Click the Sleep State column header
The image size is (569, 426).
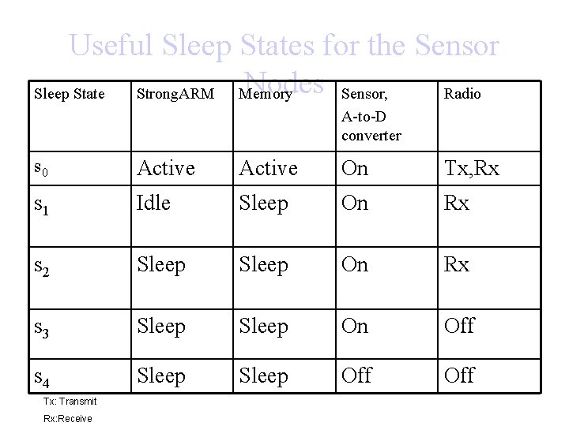[x=69, y=95]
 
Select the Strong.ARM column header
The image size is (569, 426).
[x=175, y=95]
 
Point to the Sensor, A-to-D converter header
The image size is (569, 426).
[x=371, y=114]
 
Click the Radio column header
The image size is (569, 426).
[x=462, y=95]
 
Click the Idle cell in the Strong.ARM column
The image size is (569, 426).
[x=153, y=203]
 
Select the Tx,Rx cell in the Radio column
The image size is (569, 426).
[x=472, y=169]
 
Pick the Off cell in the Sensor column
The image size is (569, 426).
[x=356, y=376]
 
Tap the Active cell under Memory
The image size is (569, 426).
[x=268, y=168]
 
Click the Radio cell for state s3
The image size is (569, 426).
[x=459, y=326]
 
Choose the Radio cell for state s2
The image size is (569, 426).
[x=457, y=264]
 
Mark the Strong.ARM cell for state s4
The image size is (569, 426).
[x=161, y=376]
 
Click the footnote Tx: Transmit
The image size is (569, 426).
[x=70, y=402]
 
